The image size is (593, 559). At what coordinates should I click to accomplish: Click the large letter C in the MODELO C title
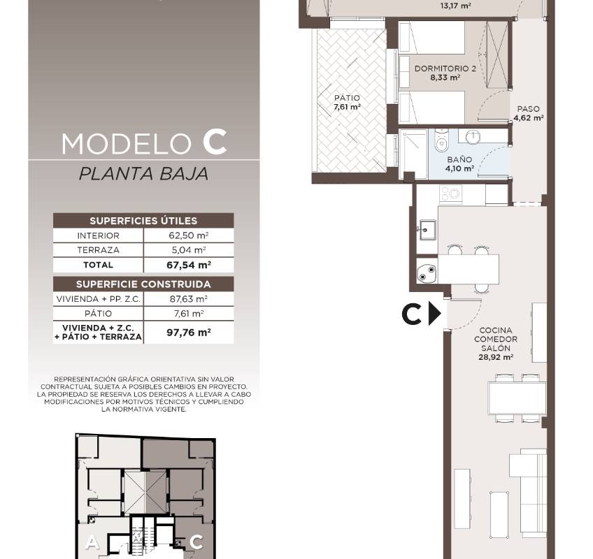click(215, 142)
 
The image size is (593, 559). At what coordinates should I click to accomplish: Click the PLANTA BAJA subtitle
click(144, 174)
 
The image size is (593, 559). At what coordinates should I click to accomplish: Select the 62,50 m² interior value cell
click(189, 235)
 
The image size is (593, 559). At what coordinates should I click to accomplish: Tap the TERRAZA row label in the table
click(99, 250)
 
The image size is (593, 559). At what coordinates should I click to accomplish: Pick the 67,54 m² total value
click(189, 265)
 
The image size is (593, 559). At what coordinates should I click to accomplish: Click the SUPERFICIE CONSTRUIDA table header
click(143, 284)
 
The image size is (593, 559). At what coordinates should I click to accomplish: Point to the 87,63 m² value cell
click(189, 299)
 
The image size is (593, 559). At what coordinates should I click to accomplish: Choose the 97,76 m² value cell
click(189, 333)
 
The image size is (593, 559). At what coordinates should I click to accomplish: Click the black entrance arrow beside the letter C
click(435, 314)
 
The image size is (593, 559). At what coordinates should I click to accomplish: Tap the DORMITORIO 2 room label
click(445, 68)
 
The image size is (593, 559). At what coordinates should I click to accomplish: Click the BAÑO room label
click(459, 159)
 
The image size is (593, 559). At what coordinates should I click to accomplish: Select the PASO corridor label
click(529, 109)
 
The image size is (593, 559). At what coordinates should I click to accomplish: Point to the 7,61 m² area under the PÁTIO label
click(347, 107)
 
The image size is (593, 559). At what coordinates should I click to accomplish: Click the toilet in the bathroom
click(441, 140)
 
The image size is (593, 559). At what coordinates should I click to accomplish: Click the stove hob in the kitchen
click(450, 193)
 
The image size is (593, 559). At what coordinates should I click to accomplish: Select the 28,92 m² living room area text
click(495, 357)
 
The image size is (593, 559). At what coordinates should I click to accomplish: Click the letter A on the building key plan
click(91, 543)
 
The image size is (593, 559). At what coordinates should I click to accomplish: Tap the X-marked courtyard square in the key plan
click(145, 493)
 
